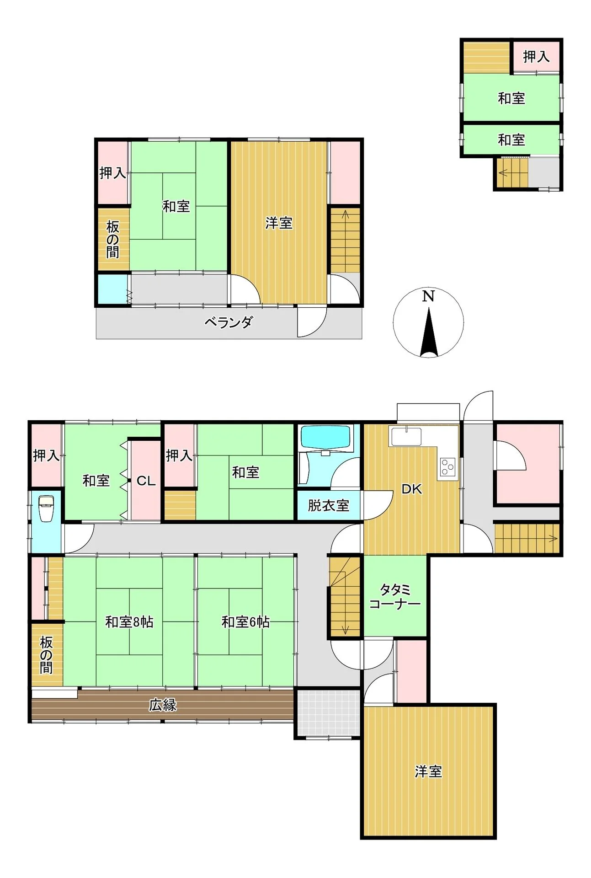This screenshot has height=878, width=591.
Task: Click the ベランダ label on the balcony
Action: pos(228,322)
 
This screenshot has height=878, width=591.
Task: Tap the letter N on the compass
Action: pos(428,296)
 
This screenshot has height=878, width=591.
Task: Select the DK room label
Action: pos(411,489)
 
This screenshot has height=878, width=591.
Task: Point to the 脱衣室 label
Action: pos(329,505)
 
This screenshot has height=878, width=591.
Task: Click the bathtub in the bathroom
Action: pos(326,438)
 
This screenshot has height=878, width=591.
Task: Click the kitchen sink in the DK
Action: pos(406,436)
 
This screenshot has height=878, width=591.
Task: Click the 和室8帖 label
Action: pos(129,622)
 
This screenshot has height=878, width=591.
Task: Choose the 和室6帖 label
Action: pos(245,622)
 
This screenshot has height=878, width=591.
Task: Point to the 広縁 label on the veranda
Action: pos(163,705)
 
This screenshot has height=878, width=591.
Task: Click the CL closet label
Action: pos(146,481)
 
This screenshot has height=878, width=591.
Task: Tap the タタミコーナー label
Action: pos(395,596)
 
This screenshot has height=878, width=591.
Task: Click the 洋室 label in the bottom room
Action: pos(428,772)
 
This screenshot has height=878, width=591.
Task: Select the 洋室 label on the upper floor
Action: pos(279,223)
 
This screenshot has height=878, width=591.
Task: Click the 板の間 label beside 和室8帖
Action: pos(46,655)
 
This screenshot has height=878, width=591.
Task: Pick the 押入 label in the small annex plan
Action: pos(536,57)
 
